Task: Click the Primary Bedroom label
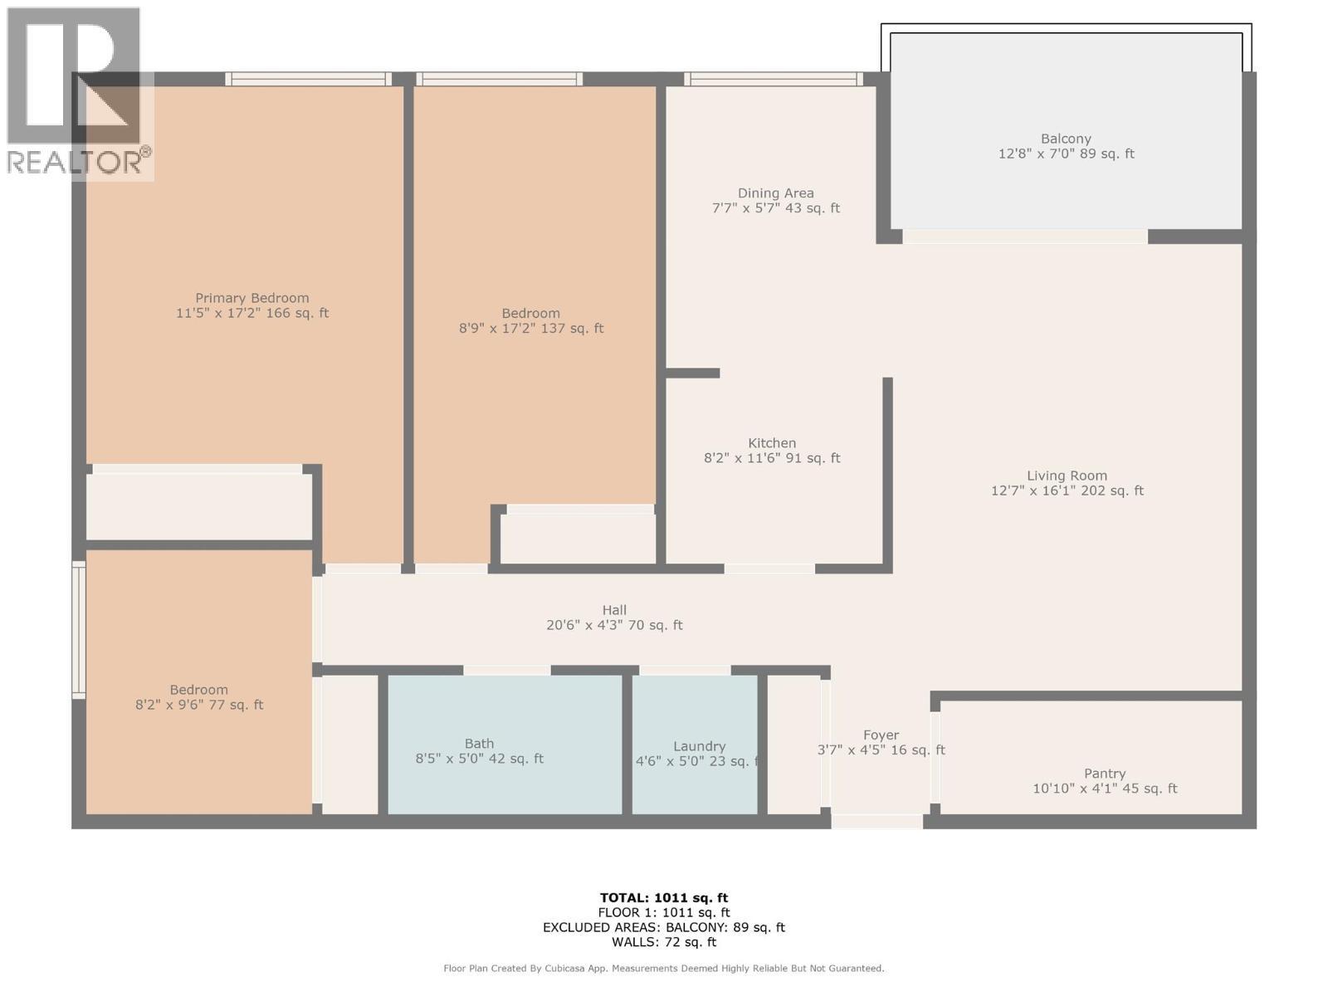(x=251, y=298)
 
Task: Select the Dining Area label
(x=775, y=193)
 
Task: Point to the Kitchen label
(x=771, y=443)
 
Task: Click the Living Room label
(x=1067, y=476)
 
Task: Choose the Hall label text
(x=614, y=610)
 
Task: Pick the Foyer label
(x=881, y=735)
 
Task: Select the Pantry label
(x=1104, y=774)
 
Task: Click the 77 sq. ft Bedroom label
(x=198, y=691)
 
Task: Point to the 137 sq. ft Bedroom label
(x=530, y=314)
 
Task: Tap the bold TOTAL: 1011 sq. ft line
(x=663, y=897)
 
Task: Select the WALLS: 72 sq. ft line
(x=663, y=942)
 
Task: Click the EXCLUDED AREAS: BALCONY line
(x=663, y=927)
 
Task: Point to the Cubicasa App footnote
(x=663, y=968)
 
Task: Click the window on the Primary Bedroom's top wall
(x=308, y=80)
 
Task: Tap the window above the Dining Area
(x=774, y=80)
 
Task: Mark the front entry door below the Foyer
(x=876, y=822)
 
